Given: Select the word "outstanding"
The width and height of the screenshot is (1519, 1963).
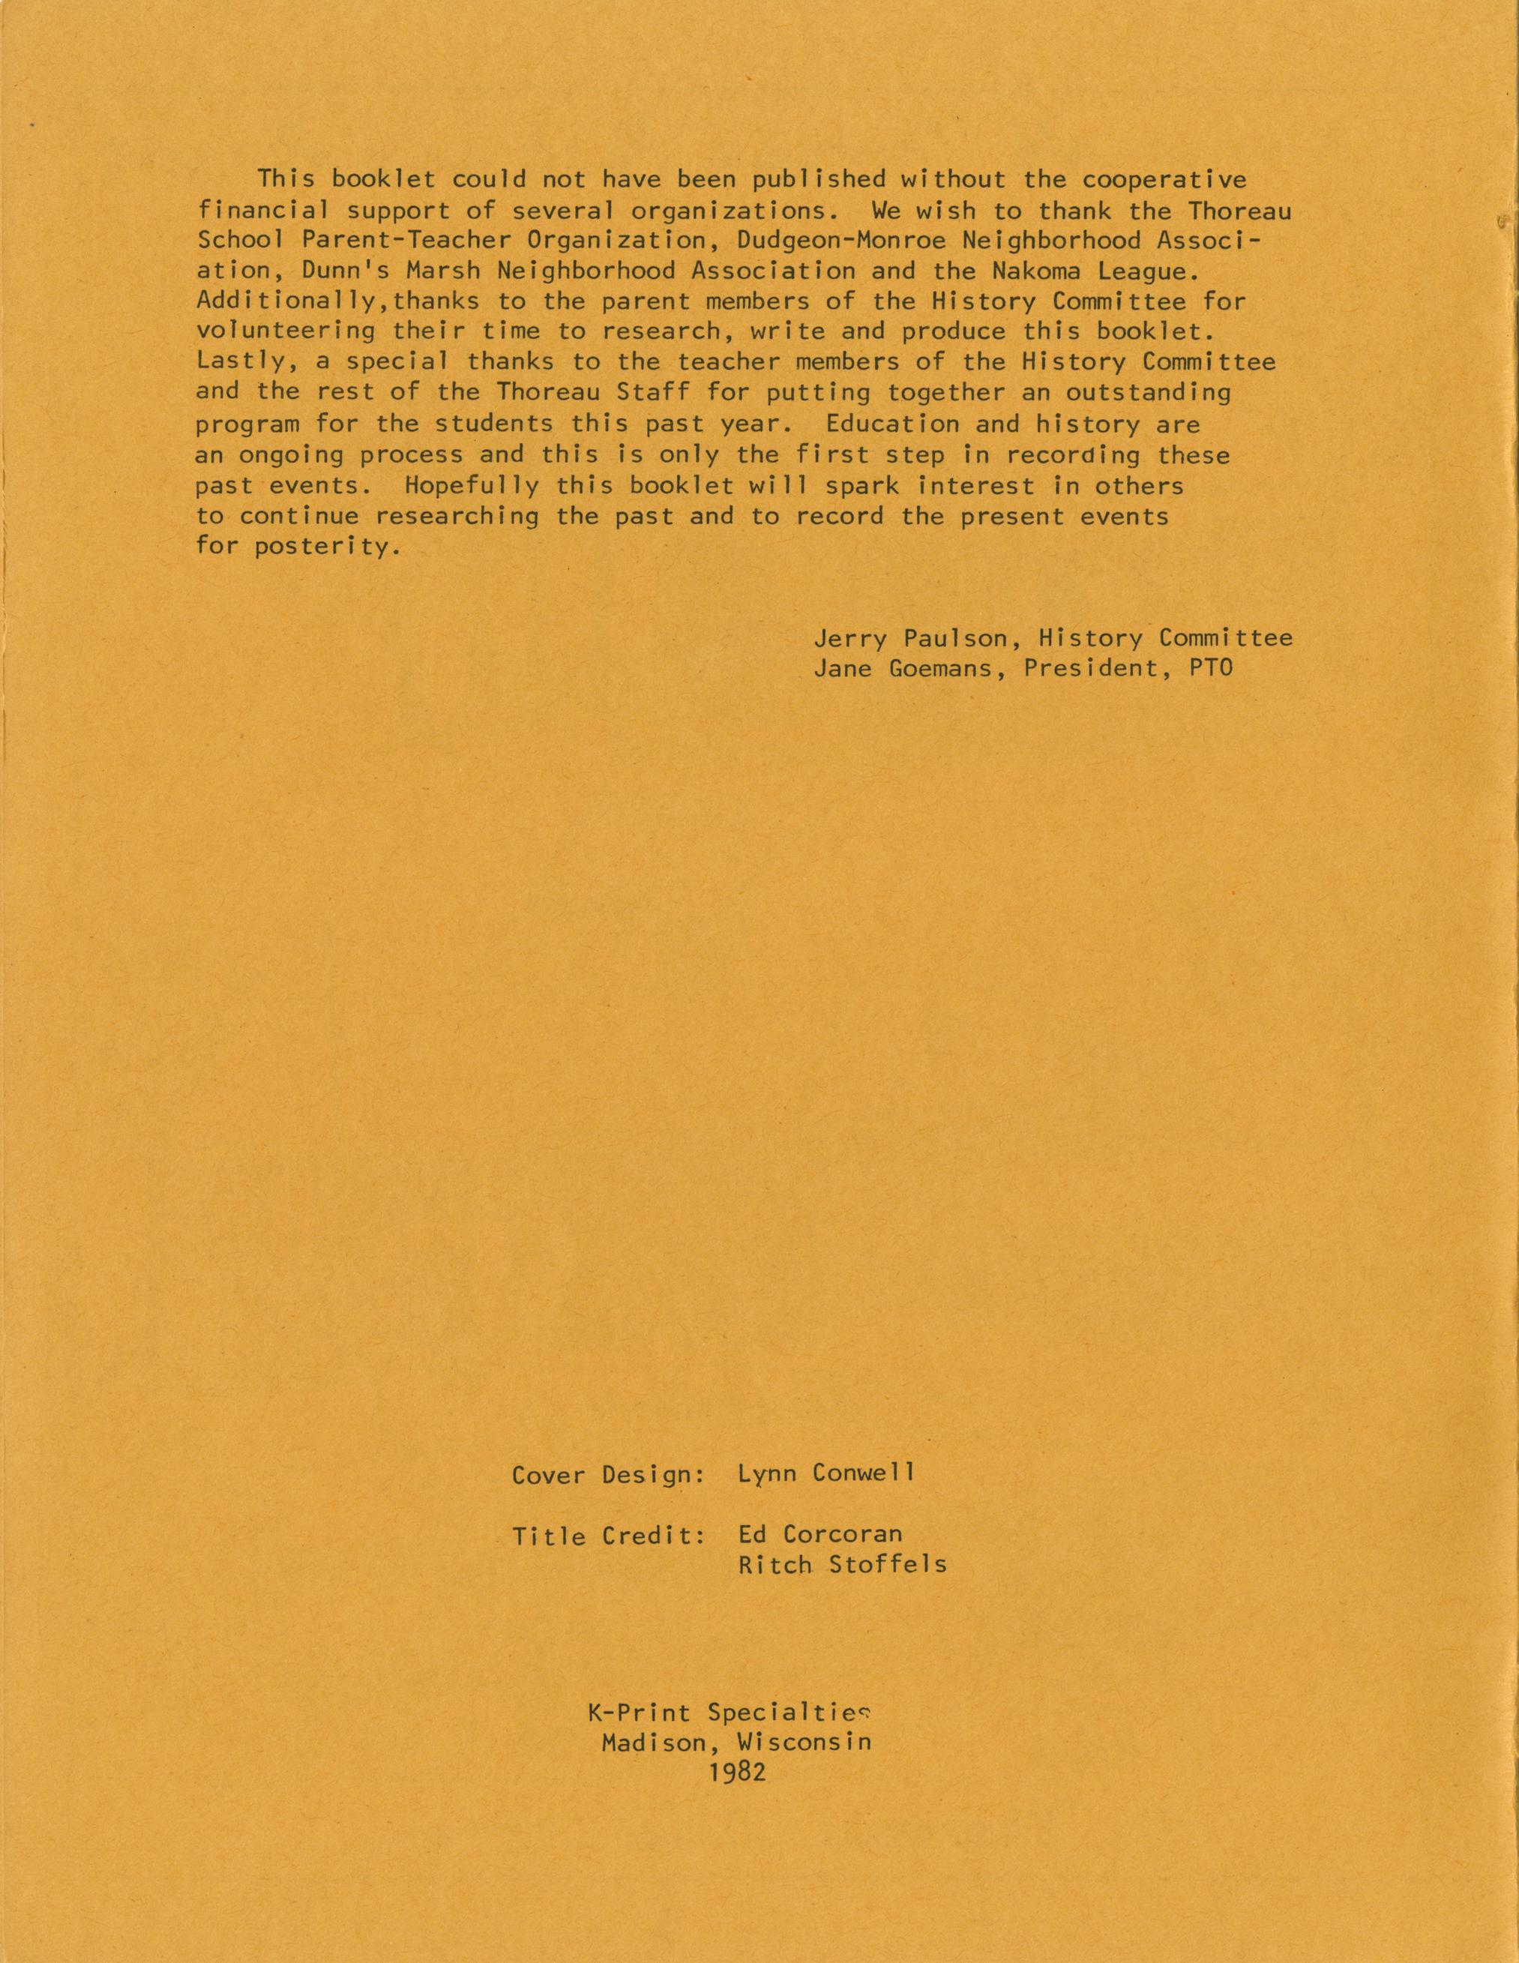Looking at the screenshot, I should tap(1149, 393).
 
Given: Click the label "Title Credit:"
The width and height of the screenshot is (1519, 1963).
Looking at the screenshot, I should tap(609, 1535).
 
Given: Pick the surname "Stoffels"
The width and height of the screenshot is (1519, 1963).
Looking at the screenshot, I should tap(887, 1565).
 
